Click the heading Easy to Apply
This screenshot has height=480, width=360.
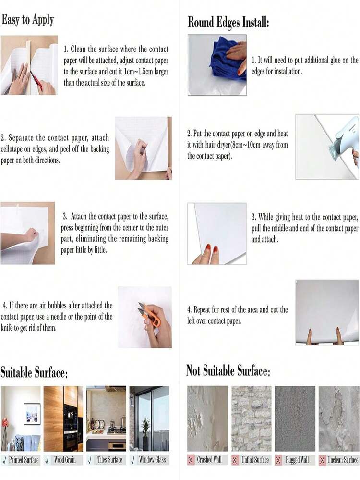pyautogui.click(x=28, y=20)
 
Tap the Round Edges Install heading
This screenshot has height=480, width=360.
pyautogui.click(x=228, y=22)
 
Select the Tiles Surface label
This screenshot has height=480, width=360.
pyautogui.click(x=109, y=460)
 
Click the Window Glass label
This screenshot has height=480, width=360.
pyautogui.click(x=152, y=460)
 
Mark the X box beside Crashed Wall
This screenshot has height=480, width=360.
pyautogui.click(x=191, y=460)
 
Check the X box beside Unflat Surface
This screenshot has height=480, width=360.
pyautogui.click(x=235, y=460)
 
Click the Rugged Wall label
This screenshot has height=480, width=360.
pyautogui.click(x=297, y=460)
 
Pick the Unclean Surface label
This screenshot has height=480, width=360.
pyautogui.click(x=343, y=460)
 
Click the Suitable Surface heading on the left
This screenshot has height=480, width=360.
pyautogui.click(x=34, y=372)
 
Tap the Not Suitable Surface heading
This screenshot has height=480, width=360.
pyautogui.click(x=228, y=371)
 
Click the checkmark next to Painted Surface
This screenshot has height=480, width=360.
pyautogui.click(x=4, y=460)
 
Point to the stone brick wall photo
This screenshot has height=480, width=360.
pyautogui.click(x=251, y=418)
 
